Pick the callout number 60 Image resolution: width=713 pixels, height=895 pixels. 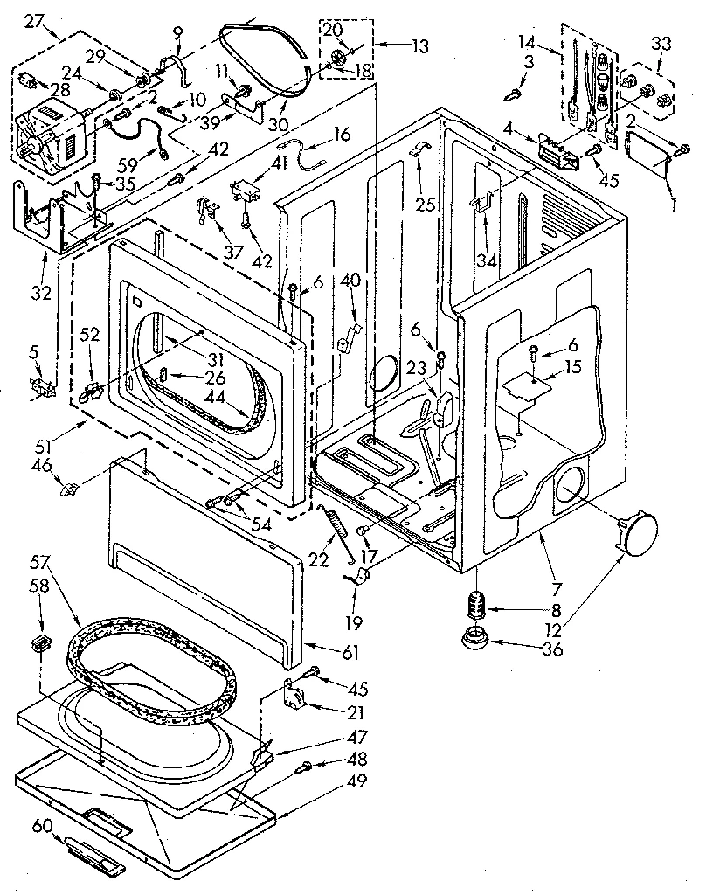[x=40, y=825]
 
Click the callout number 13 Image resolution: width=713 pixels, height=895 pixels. [x=420, y=45]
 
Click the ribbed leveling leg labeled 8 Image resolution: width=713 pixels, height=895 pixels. [x=477, y=605]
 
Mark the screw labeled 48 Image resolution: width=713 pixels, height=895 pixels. [x=305, y=767]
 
